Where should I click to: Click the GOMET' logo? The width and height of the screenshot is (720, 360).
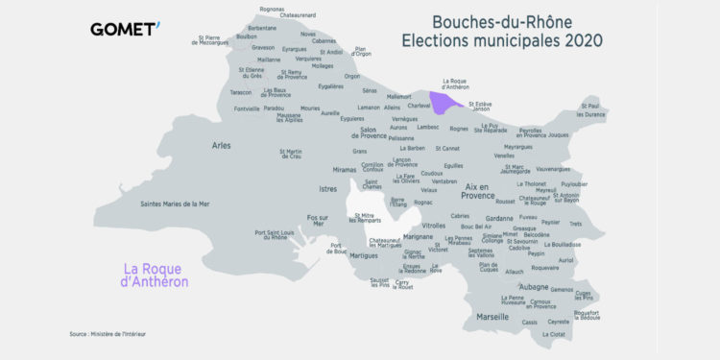[125, 29]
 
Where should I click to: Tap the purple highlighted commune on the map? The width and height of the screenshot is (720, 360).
[445, 101]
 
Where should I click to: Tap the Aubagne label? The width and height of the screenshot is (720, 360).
[533, 287]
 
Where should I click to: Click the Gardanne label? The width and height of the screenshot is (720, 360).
[499, 218]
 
